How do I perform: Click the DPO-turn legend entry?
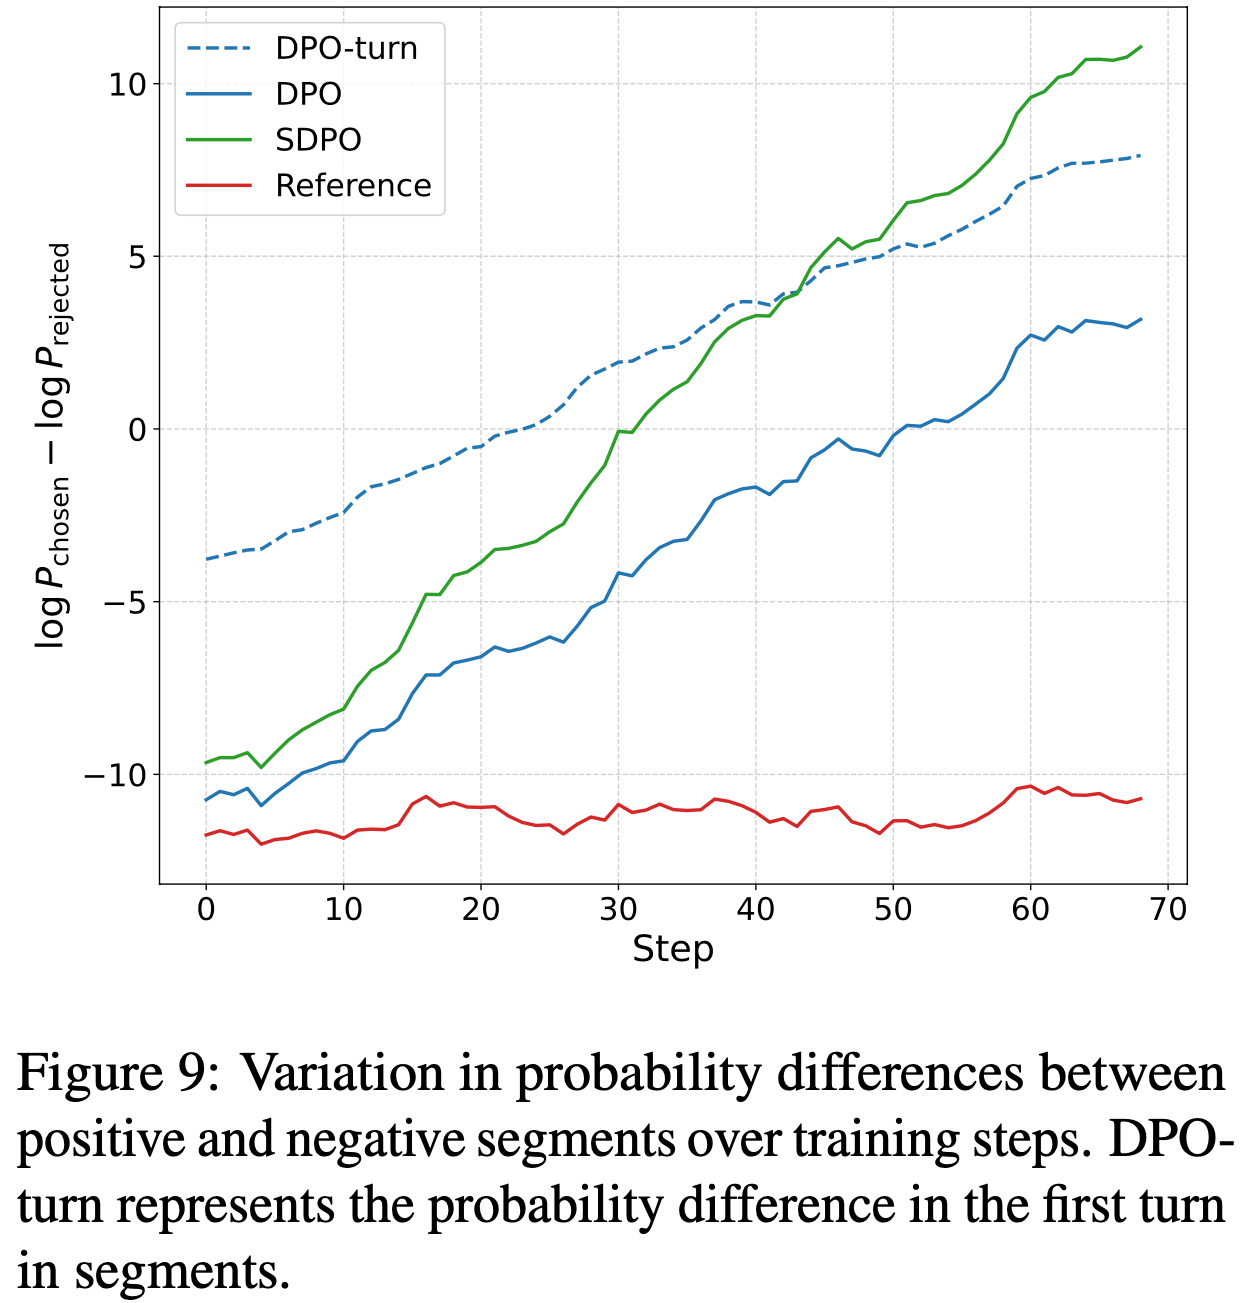tap(346, 48)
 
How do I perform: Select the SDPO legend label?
tap(318, 140)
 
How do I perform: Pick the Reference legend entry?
tap(353, 186)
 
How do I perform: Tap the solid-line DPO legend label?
tap(308, 94)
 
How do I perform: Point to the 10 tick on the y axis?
tap(127, 85)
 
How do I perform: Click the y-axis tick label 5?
tap(136, 257)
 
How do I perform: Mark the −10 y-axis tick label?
tap(116, 776)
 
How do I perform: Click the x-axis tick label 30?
tap(618, 909)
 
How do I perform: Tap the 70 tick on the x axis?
tap(1168, 909)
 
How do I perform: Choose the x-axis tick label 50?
tap(893, 909)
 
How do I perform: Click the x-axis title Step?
tap(673, 949)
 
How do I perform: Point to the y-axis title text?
tap(54, 445)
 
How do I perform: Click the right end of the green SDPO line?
tap(1141, 47)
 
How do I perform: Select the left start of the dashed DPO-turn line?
tap(207, 559)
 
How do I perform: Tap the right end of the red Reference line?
tap(1141, 798)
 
